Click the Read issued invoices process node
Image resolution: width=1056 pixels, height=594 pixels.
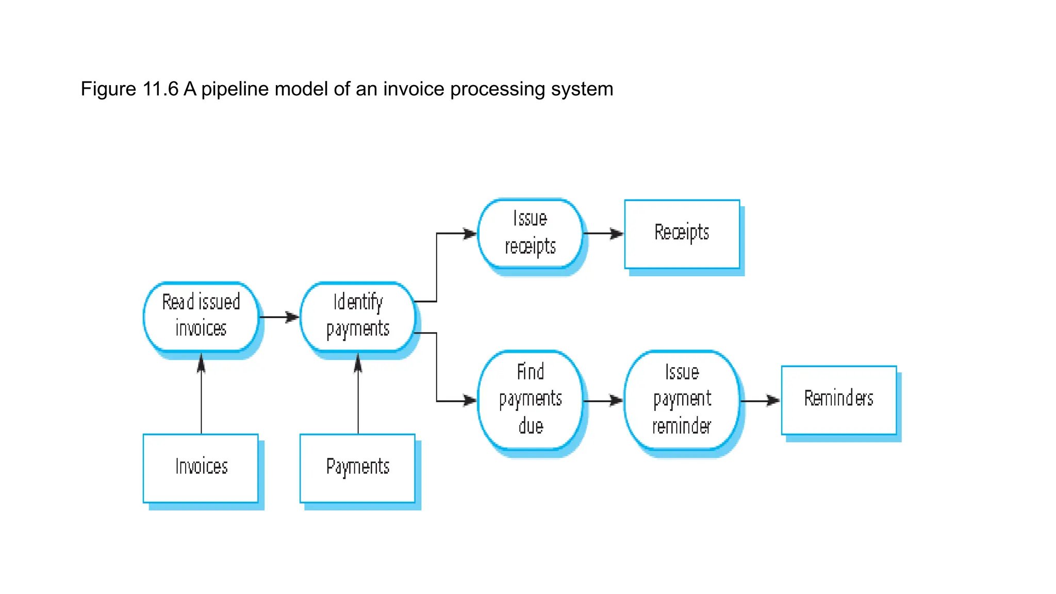(x=201, y=316)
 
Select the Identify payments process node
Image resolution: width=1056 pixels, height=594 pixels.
(x=357, y=316)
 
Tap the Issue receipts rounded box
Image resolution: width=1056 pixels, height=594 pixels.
(x=530, y=233)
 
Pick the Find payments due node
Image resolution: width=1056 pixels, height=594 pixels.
(x=530, y=399)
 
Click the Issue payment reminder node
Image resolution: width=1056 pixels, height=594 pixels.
(x=682, y=399)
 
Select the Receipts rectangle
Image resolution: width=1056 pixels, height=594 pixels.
(x=682, y=234)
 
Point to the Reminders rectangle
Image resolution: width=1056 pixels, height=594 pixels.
(x=838, y=399)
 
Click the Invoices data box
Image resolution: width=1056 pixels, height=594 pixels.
(x=201, y=467)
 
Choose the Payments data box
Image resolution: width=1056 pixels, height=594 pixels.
(x=357, y=467)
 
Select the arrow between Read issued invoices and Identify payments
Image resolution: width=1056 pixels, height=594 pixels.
(x=278, y=317)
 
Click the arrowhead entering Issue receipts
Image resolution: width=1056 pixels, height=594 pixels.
(x=469, y=234)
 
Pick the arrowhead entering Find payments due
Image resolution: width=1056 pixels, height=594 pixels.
(x=469, y=401)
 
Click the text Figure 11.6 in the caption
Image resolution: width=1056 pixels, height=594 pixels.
(x=129, y=89)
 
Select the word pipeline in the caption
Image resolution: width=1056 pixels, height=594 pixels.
(x=235, y=89)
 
